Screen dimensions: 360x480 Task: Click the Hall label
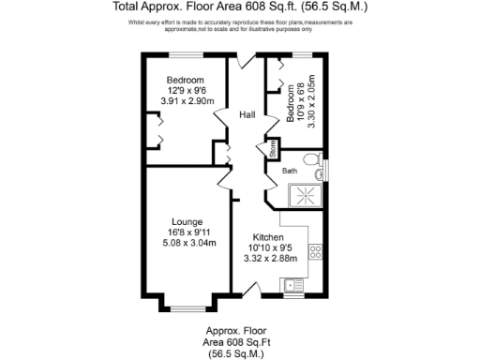[x=247, y=114]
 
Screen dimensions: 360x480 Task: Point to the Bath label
[x=290, y=171]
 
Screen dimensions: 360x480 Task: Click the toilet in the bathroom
[x=316, y=160]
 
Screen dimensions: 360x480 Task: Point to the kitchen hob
[x=316, y=250]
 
